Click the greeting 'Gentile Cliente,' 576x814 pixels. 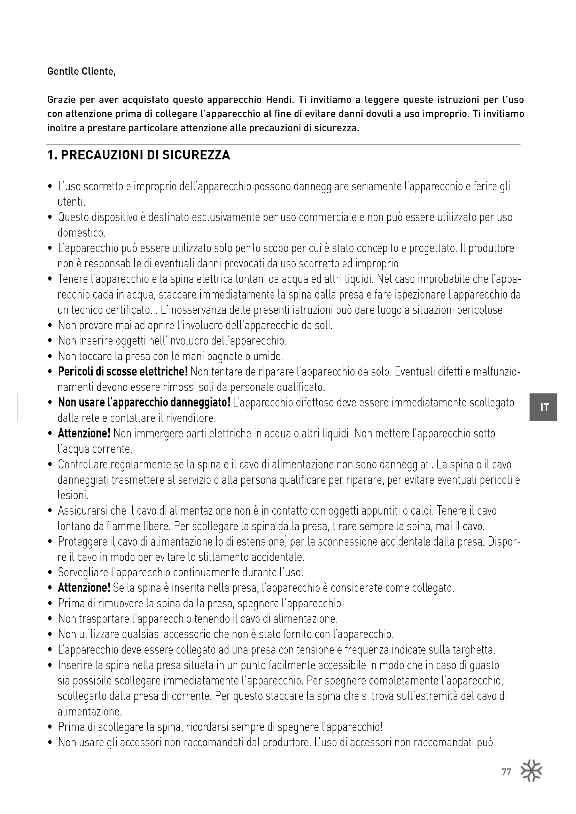(x=81, y=72)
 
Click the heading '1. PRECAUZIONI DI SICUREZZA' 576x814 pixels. (x=139, y=155)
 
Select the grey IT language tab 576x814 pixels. (x=543, y=407)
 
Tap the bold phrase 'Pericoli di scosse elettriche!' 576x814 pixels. (x=123, y=372)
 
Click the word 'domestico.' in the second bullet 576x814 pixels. (x=81, y=233)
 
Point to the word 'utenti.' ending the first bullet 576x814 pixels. (x=71, y=202)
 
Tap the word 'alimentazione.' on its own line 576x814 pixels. (x=89, y=711)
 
